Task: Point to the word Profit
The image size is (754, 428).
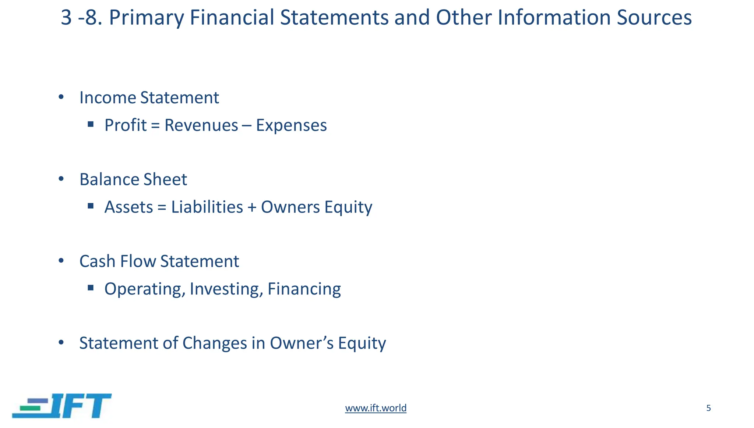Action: pos(126,125)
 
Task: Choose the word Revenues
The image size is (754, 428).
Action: pos(201,125)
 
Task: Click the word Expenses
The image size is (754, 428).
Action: pos(291,125)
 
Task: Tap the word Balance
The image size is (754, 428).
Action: pos(109,180)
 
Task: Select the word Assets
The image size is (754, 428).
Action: pos(128,207)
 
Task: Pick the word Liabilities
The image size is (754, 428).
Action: pos(207,207)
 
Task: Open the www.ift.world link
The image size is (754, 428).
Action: pos(376,408)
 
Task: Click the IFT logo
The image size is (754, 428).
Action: pos(62,406)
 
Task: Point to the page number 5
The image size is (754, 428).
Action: pos(708,408)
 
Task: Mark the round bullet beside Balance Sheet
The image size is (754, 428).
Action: pos(61,179)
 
